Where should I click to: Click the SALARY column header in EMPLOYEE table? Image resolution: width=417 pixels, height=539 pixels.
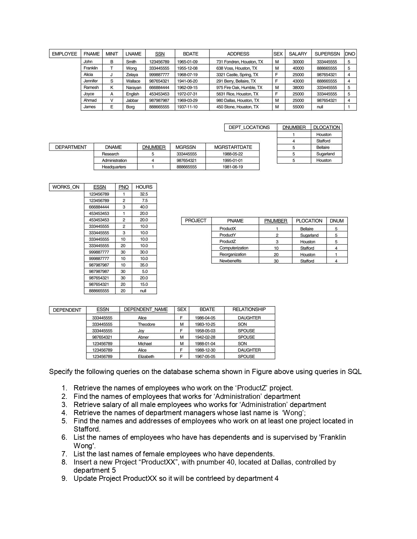(298, 54)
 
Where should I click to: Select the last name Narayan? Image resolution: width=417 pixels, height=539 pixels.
(133, 88)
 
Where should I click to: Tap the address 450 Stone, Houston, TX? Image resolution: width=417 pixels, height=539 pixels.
(237, 107)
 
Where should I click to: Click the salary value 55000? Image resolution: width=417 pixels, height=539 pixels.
(298, 107)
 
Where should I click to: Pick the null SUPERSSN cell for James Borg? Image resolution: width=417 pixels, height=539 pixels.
(320, 107)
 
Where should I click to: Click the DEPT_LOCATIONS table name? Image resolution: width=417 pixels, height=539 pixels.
(249, 127)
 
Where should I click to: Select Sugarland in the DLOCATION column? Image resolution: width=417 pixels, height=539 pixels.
(325, 154)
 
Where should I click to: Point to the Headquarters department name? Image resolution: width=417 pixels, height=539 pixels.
(114, 167)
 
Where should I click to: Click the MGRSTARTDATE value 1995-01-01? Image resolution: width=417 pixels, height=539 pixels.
(233, 160)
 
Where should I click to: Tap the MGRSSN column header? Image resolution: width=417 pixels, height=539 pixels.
(185, 147)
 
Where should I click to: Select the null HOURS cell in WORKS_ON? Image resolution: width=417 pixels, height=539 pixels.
(143, 291)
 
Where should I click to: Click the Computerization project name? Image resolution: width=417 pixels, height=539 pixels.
(234, 248)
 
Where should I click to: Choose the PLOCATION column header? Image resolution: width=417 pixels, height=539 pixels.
(309, 221)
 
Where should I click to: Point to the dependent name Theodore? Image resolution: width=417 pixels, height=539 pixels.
(146, 324)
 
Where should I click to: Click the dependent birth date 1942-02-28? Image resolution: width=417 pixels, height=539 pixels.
(205, 337)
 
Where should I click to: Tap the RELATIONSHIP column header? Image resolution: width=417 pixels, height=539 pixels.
(249, 309)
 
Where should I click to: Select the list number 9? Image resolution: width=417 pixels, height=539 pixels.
(64, 479)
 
